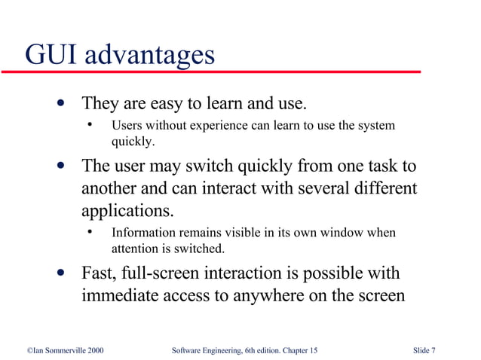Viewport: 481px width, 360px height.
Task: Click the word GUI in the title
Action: click(x=50, y=54)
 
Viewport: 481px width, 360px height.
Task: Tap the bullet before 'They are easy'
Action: click(x=60, y=102)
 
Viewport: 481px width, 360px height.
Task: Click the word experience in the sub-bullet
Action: click(x=210, y=125)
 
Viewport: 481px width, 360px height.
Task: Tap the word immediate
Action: click(x=120, y=295)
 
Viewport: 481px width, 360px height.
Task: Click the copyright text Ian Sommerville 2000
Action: click(x=60, y=350)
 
